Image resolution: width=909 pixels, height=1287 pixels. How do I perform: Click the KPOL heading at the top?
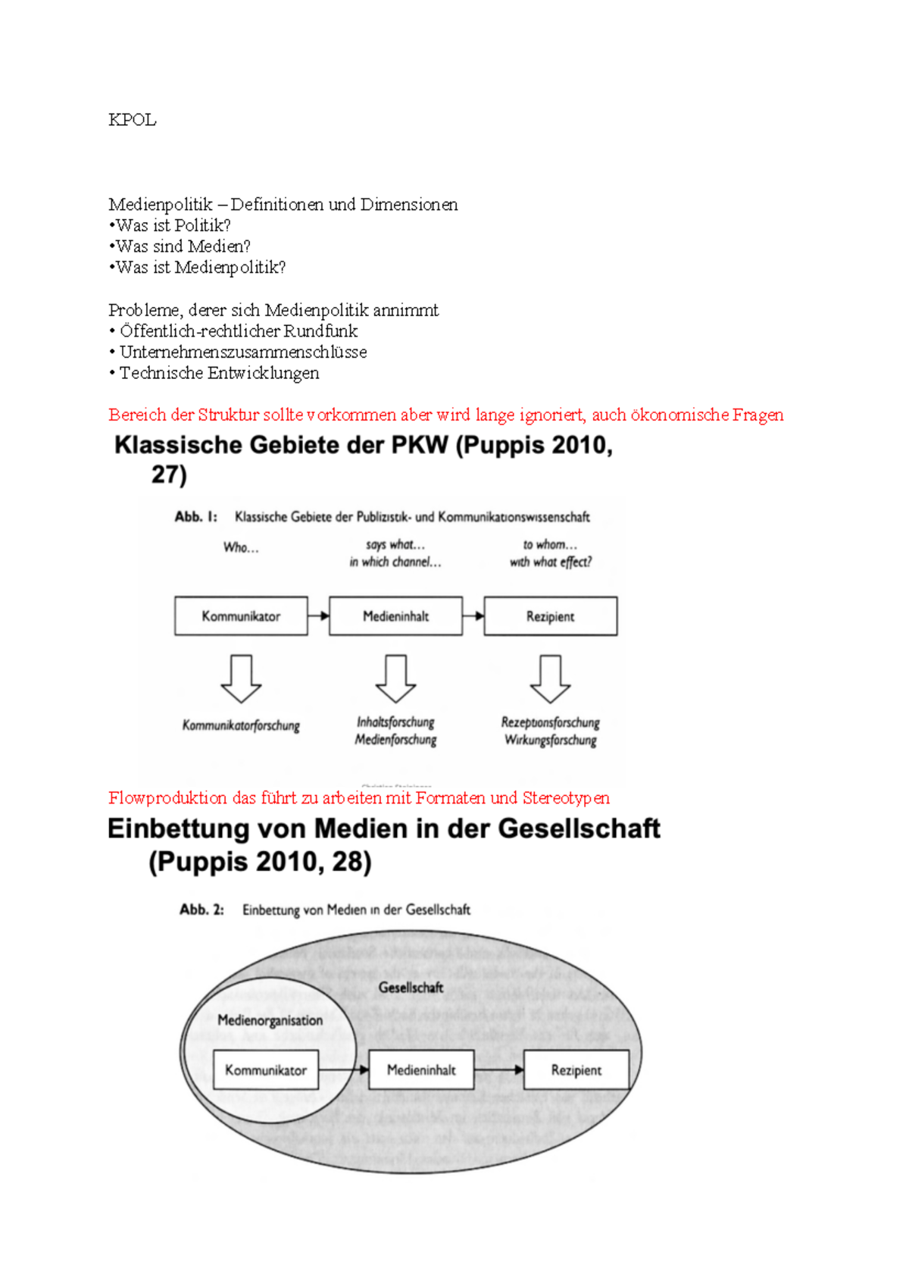click(132, 120)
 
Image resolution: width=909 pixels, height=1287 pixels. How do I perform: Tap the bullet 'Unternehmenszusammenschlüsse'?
click(242, 352)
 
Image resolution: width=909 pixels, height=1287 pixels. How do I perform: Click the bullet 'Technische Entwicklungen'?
click(219, 373)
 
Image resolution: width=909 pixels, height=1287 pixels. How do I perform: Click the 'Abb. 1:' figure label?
click(195, 517)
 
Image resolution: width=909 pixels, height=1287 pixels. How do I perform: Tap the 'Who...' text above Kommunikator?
click(241, 547)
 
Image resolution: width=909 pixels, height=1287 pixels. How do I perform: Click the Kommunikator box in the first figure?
click(241, 616)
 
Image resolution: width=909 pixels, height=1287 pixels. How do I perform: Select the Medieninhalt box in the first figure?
click(395, 616)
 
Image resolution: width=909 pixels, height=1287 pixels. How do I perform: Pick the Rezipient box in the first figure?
click(551, 616)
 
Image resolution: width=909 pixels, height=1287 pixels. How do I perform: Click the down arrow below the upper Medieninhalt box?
click(395, 679)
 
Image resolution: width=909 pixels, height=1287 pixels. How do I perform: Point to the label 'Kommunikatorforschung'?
click(241, 725)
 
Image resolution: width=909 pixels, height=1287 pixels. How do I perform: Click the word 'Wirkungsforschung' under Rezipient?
click(551, 741)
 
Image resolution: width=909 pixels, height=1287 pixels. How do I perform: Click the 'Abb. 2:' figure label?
click(201, 910)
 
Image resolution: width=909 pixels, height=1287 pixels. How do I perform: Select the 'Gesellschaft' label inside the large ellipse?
click(411, 988)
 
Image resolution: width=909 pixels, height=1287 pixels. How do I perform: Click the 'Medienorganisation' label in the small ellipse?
click(270, 1020)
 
